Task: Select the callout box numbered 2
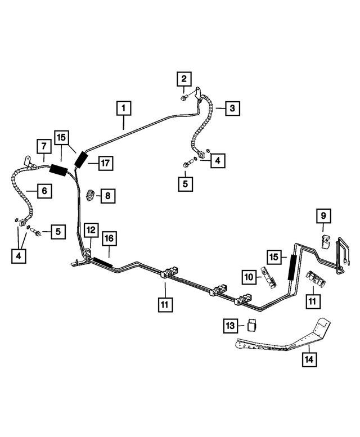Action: pos(184,79)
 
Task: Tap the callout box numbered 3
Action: pos(232,108)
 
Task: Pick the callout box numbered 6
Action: pos(44,191)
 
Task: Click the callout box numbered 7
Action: pos(43,146)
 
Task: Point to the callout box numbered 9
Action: pos(323,215)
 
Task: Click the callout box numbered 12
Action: pos(91,229)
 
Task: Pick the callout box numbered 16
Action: pos(109,239)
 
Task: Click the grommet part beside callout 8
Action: pos(90,195)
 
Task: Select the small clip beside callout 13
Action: pos(253,325)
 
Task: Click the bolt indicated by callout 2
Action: pos(184,99)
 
